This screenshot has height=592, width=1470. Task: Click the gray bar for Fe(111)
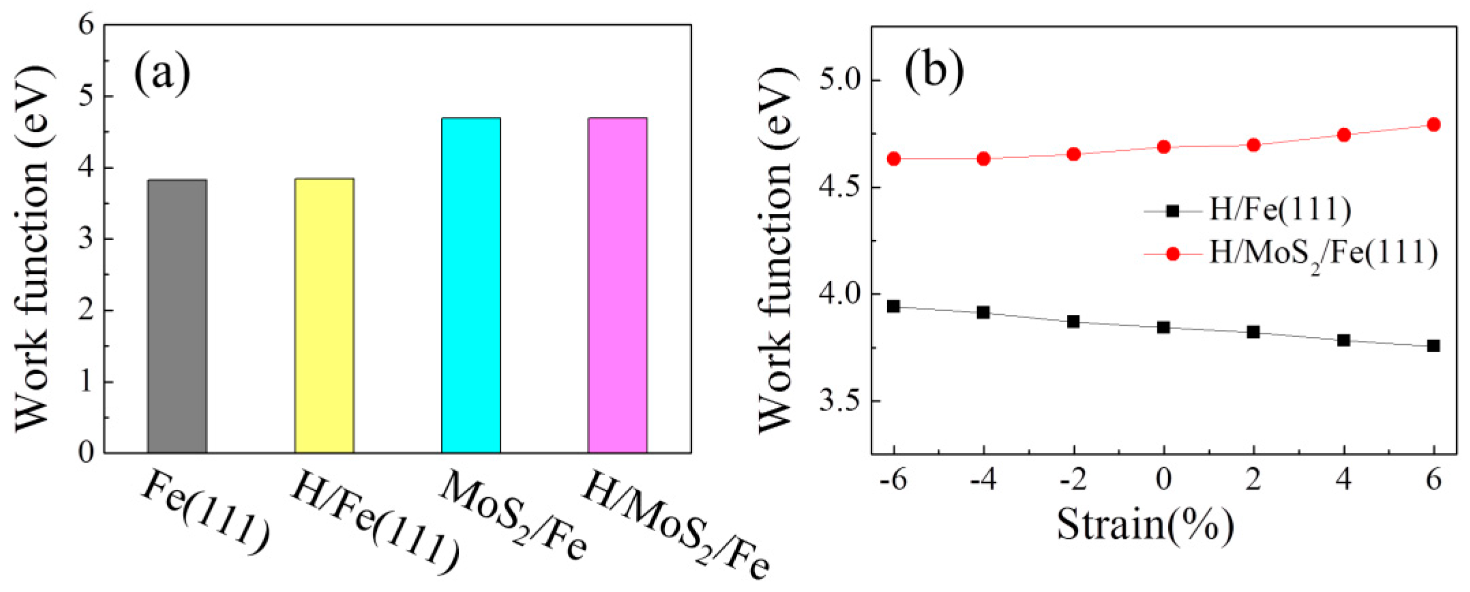tap(177, 317)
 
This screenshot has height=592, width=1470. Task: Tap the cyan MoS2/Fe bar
tap(471, 285)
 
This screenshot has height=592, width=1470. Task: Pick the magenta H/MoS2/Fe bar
tap(617, 285)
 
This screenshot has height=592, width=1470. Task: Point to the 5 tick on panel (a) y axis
tap(87, 96)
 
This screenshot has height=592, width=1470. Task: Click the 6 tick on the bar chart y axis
tap(87, 25)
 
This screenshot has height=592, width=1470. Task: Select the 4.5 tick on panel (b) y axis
tap(839, 187)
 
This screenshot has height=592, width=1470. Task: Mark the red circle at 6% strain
tap(1434, 124)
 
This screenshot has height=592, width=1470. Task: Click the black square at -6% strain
tap(894, 306)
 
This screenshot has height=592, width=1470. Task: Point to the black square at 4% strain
tap(1344, 340)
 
